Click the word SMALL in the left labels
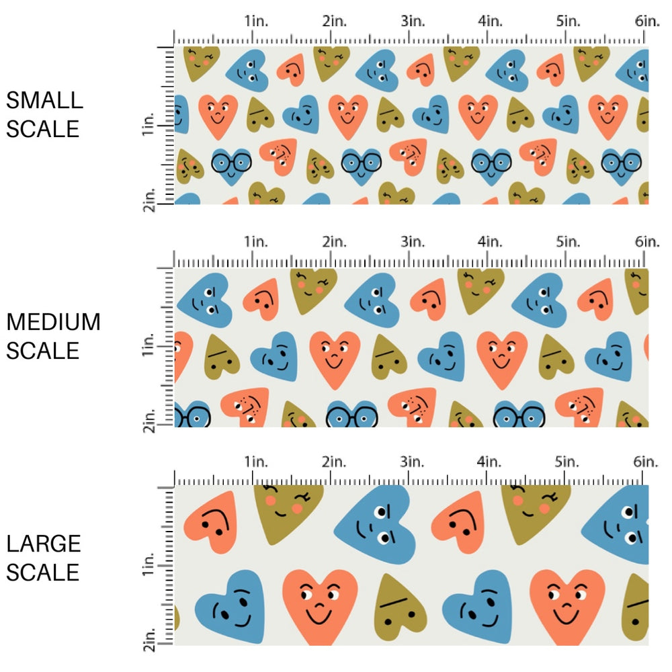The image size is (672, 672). pyautogui.click(x=44, y=100)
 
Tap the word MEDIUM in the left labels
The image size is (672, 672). pyautogui.click(x=53, y=322)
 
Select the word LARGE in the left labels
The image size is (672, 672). pyautogui.click(x=44, y=543)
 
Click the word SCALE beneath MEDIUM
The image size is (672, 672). pyautogui.click(x=43, y=350)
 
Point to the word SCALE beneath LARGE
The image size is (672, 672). pyautogui.click(x=43, y=572)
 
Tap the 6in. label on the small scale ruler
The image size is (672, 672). pyautogui.click(x=647, y=21)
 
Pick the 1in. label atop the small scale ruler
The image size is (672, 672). pyautogui.click(x=255, y=21)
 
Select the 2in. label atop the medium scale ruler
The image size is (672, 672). pyautogui.click(x=334, y=241)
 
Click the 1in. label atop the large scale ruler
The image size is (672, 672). pyautogui.click(x=255, y=462)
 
